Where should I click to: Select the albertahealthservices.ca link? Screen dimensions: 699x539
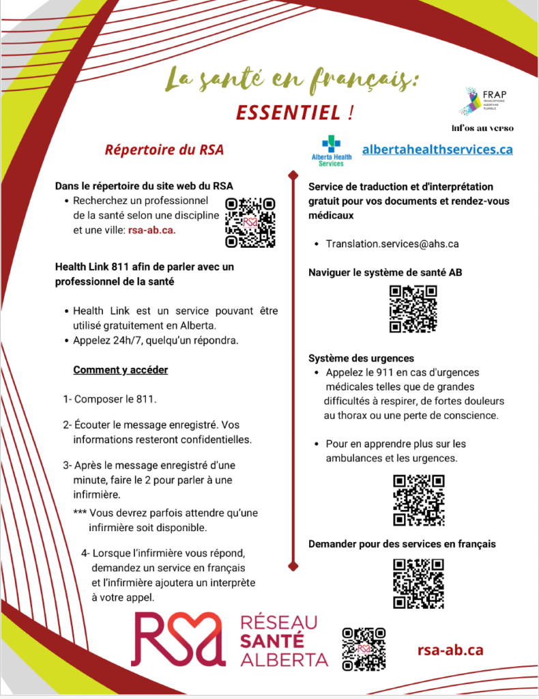(x=437, y=149)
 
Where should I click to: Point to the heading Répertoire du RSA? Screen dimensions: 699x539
(x=164, y=149)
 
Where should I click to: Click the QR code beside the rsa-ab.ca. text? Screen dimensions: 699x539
(x=250, y=222)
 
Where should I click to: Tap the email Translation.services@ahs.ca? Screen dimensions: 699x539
(x=392, y=244)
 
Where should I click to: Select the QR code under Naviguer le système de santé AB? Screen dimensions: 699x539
(x=413, y=309)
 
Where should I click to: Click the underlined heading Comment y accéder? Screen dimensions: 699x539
(x=120, y=370)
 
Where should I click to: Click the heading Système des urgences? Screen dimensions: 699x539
(x=361, y=358)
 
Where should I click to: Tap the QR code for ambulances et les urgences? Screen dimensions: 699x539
(x=419, y=500)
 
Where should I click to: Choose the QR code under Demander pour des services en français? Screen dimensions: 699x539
(x=418, y=583)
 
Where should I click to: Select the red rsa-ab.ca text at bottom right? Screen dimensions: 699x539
(x=450, y=650)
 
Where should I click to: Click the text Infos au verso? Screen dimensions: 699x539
(x=482, y=128)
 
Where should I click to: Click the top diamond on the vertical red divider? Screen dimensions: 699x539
(x=293, y=175)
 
